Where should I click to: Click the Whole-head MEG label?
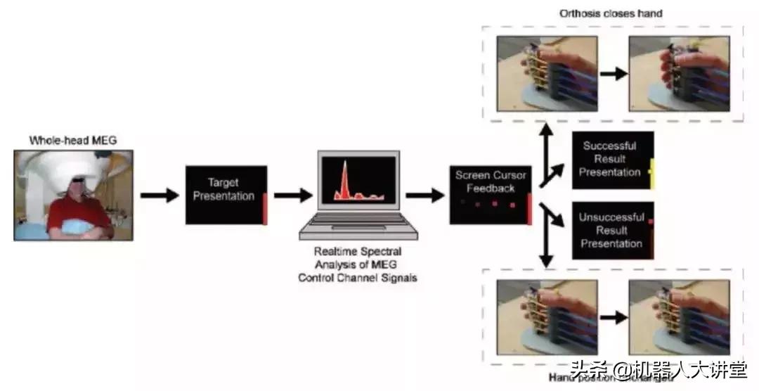tap(72, 141)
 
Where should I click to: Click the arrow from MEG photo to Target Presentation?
tap(160, 195)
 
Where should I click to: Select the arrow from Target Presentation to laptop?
tap(292, 195)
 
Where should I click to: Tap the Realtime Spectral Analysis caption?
tap(357, 264)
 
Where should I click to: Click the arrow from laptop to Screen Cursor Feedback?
tap(424, 195)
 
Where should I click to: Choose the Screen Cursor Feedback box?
tap(491, 195)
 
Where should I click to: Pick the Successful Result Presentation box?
tap(612, 160)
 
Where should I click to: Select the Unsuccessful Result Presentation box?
tap(612, 231)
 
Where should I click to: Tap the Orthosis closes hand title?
tap(611, 13)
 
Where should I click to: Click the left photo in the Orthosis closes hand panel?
tap(547, 74)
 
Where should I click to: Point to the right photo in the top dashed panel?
tap(678, 74)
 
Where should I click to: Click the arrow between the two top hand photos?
tap(613, 74)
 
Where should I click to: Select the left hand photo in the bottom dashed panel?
tap(547, 316)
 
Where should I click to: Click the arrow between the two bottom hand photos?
tap(613, 317)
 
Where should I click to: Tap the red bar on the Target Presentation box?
tap(265, 209)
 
